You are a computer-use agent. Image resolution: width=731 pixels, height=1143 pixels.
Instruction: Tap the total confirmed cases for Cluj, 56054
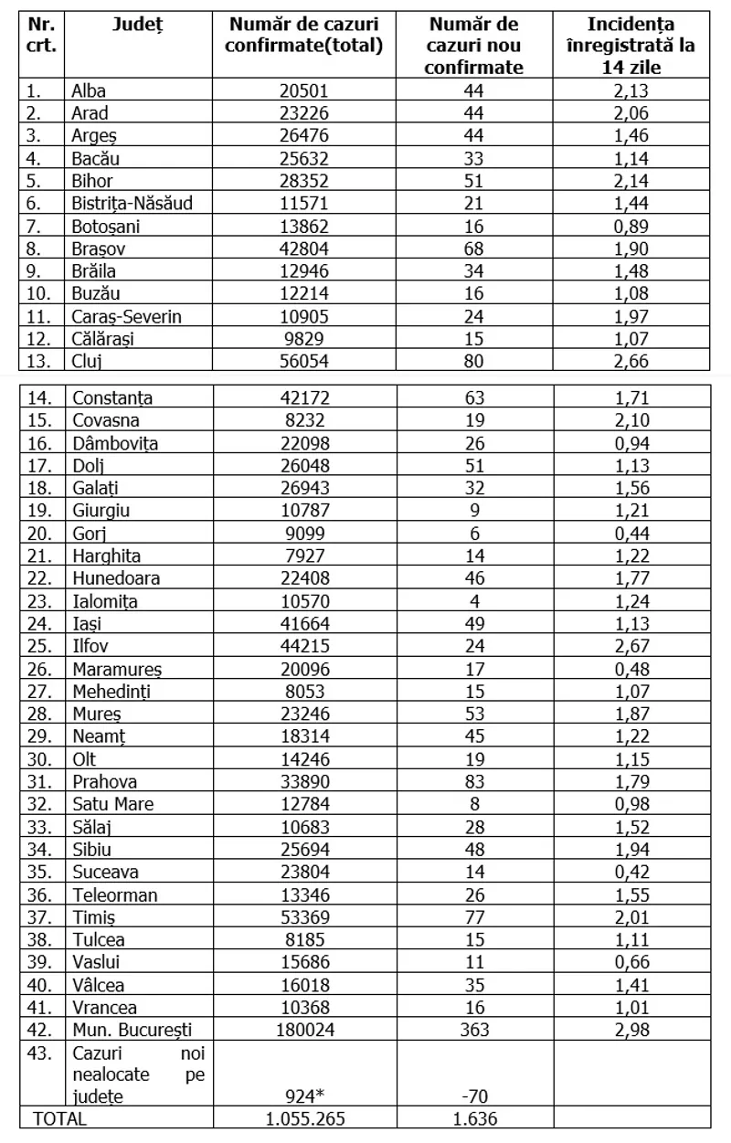[x=304, y=361]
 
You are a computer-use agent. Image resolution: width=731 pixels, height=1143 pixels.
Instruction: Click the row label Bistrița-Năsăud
[x=132, y=203]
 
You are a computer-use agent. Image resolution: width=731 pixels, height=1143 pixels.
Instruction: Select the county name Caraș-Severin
[x=127, y=316]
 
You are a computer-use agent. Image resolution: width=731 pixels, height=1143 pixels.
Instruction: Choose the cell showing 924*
[x=304, y=1096]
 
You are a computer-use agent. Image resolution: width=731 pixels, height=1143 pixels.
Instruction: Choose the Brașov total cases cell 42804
[x=304, y=249]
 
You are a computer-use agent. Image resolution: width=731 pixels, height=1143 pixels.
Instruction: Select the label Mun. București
[x=132, y=1031]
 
